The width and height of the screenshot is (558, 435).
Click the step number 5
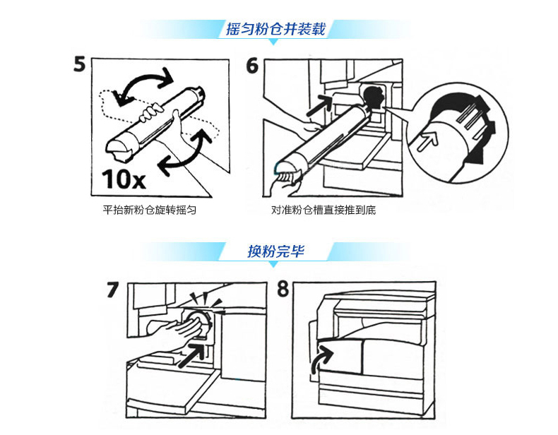[80, 64]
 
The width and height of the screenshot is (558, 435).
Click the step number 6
[252, 66]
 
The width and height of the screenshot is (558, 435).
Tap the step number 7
[112, 290]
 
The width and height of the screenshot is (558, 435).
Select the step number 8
[283, 289]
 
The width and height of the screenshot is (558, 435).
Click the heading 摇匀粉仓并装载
[275, 29]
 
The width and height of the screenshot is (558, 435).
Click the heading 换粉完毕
[275, 251]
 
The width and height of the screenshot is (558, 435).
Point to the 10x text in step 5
[124, 179]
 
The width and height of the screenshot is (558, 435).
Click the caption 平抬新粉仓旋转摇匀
[150, 210]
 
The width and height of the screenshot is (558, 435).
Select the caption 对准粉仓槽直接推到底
[323, 210]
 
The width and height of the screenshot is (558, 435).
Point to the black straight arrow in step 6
[319, 105]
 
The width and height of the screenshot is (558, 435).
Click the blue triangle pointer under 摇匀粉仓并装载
[273, 42]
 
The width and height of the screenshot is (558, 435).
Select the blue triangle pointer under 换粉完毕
[273, 264]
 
